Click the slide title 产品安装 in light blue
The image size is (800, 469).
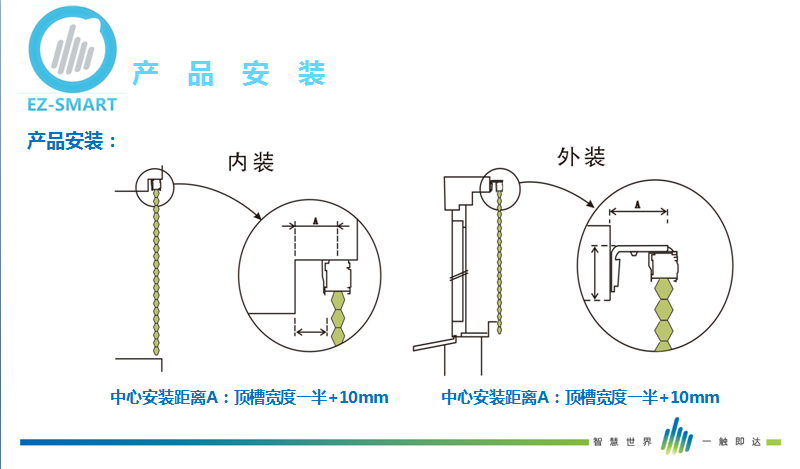point(229,73)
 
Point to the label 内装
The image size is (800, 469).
point(251,162)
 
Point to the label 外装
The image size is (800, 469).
point(580,157)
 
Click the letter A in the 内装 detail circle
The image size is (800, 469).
point(315,219)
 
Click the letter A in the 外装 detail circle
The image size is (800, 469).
point(638,205)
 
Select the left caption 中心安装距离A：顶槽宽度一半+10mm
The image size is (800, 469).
point(248,398)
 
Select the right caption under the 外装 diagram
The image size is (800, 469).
point(580,398)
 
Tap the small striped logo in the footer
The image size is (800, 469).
point(677,437)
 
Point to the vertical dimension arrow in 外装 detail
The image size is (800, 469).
point(597,272)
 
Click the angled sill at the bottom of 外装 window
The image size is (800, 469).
point(436,344)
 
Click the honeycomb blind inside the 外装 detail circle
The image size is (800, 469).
point(664,315)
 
